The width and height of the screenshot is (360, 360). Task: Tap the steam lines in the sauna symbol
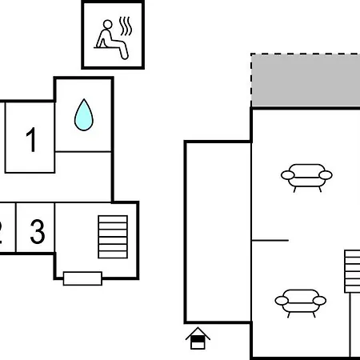tap(126, 26)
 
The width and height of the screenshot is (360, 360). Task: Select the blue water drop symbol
tap(84, 115)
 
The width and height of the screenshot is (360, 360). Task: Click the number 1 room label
tap(31, 139)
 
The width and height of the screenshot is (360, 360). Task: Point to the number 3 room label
tap(38, 231)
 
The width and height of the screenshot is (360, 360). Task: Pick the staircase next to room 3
tap(113, 237)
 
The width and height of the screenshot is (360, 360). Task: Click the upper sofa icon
tap(306, 176)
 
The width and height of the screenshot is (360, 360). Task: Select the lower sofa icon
tap(301, 302)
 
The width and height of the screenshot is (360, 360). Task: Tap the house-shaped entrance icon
tap(198, 338)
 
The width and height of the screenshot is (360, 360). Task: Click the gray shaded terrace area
tap(306, 81)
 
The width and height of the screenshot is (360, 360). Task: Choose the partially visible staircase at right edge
tap(352, 271)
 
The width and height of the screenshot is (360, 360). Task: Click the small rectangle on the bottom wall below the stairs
tap(82, 278)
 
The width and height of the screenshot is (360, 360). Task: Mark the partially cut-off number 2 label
tap(1, 231)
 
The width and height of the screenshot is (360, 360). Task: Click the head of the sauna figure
tap(108, 24)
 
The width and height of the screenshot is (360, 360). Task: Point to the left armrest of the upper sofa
tap(288, 175)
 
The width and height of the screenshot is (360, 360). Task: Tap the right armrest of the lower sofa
tap(319, 301)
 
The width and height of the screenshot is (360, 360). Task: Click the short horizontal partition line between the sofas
tap(270, 240)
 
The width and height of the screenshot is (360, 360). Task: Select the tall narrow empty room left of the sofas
tap(218, 232)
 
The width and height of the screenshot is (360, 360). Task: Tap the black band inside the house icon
tap(198, 339)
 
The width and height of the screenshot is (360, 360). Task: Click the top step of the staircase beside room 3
tap(113, 219)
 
